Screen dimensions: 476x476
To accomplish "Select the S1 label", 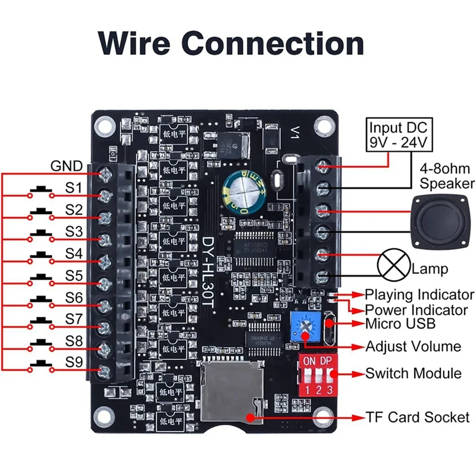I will pyautogui.click(x=74, y=189).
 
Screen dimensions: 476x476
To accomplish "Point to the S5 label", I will pyautogui.click(x=74, y=275).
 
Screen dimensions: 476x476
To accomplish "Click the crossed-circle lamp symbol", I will pyautogui.click(x=393, y=265).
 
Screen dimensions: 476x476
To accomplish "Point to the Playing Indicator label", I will pyautogui.click(x=419, y=295).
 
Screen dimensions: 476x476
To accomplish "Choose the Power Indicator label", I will pyautogui.click(x=416, y=309).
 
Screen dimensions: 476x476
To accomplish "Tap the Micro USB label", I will pyautogui.click(x=400, y=324).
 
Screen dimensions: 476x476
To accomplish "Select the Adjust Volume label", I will pyautogui.click(x=413, y=346).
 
